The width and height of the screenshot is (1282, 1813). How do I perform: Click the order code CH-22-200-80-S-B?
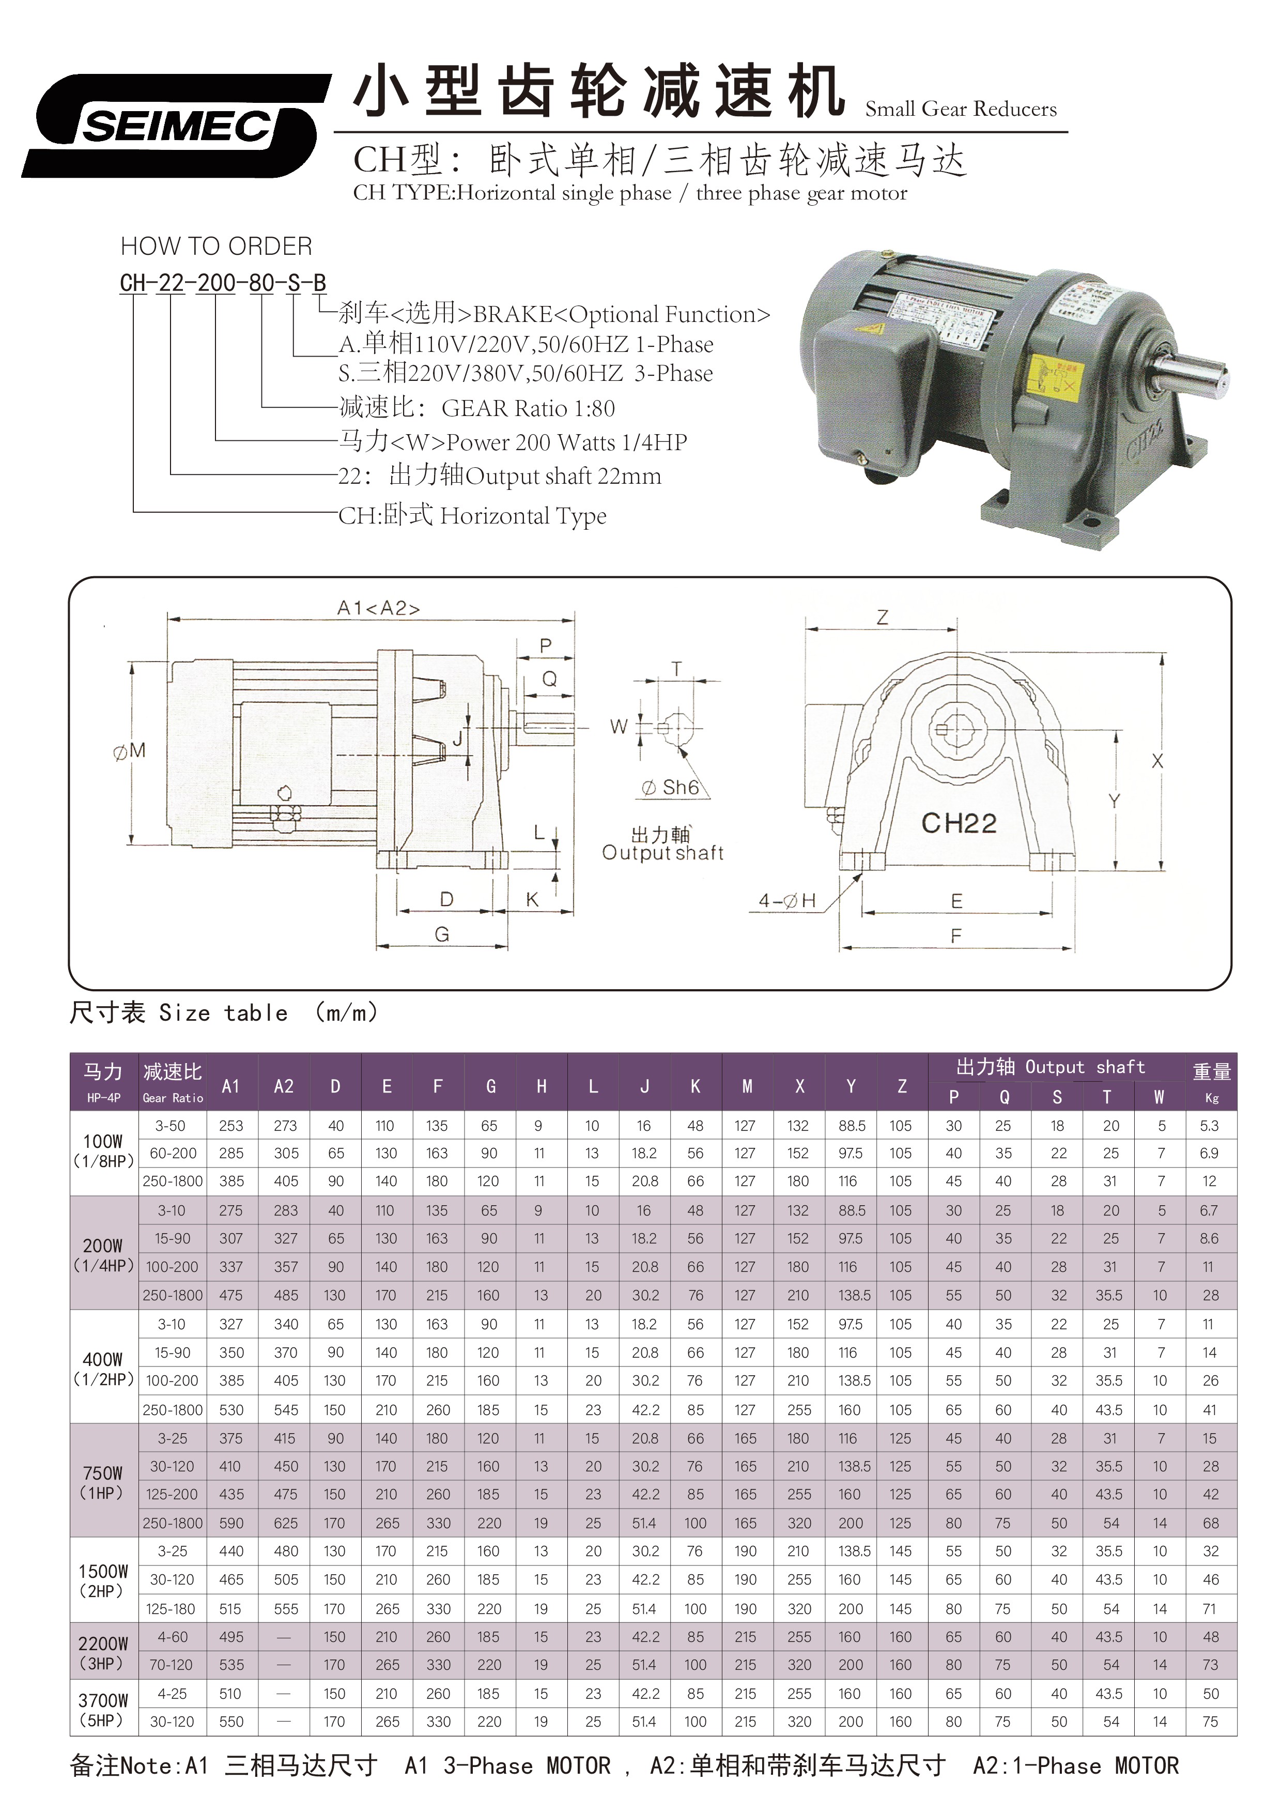pyautogui.click(x=223, y=283)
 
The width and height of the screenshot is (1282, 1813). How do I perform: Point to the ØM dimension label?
pyautogui.click(x=130, y=751)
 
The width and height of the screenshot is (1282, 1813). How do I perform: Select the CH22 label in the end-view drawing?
pyautogui.click(x=959, y=824)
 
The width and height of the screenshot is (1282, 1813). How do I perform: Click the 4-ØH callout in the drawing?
pyautogui.click(x=786, y=900)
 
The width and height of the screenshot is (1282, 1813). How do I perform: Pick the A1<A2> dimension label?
pyautogui.click(x=378, y=608)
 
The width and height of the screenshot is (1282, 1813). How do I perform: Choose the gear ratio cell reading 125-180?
pyautogui.click(x=172, y=1608)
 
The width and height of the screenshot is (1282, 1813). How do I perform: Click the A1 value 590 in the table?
pyautogui.click(x=231, y=1523)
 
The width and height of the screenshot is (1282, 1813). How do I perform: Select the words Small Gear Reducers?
pyautogui.click(x=960, y=109)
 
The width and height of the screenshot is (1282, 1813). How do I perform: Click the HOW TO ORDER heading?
pyautogui.click(x=217, y=247)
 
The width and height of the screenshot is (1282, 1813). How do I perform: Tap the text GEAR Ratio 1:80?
pyautogui.click(x=528, y=408)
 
